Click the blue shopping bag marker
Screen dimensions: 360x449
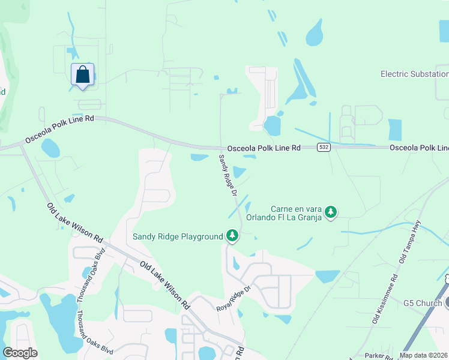(x=83, y=76)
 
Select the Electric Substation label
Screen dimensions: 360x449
(x=414, y=74)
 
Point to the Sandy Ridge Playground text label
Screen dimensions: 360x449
(x=178, y=236)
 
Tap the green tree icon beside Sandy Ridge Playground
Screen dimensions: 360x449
(x=232, y=236)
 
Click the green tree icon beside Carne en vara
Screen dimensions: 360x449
(x=330, y=212)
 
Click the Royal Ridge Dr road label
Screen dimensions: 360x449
(x=233, y=298)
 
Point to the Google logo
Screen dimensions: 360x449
(x=20, y=353)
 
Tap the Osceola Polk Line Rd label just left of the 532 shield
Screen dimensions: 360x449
(x=264, y=148)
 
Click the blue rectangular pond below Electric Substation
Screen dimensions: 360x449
(x=394, y=130)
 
